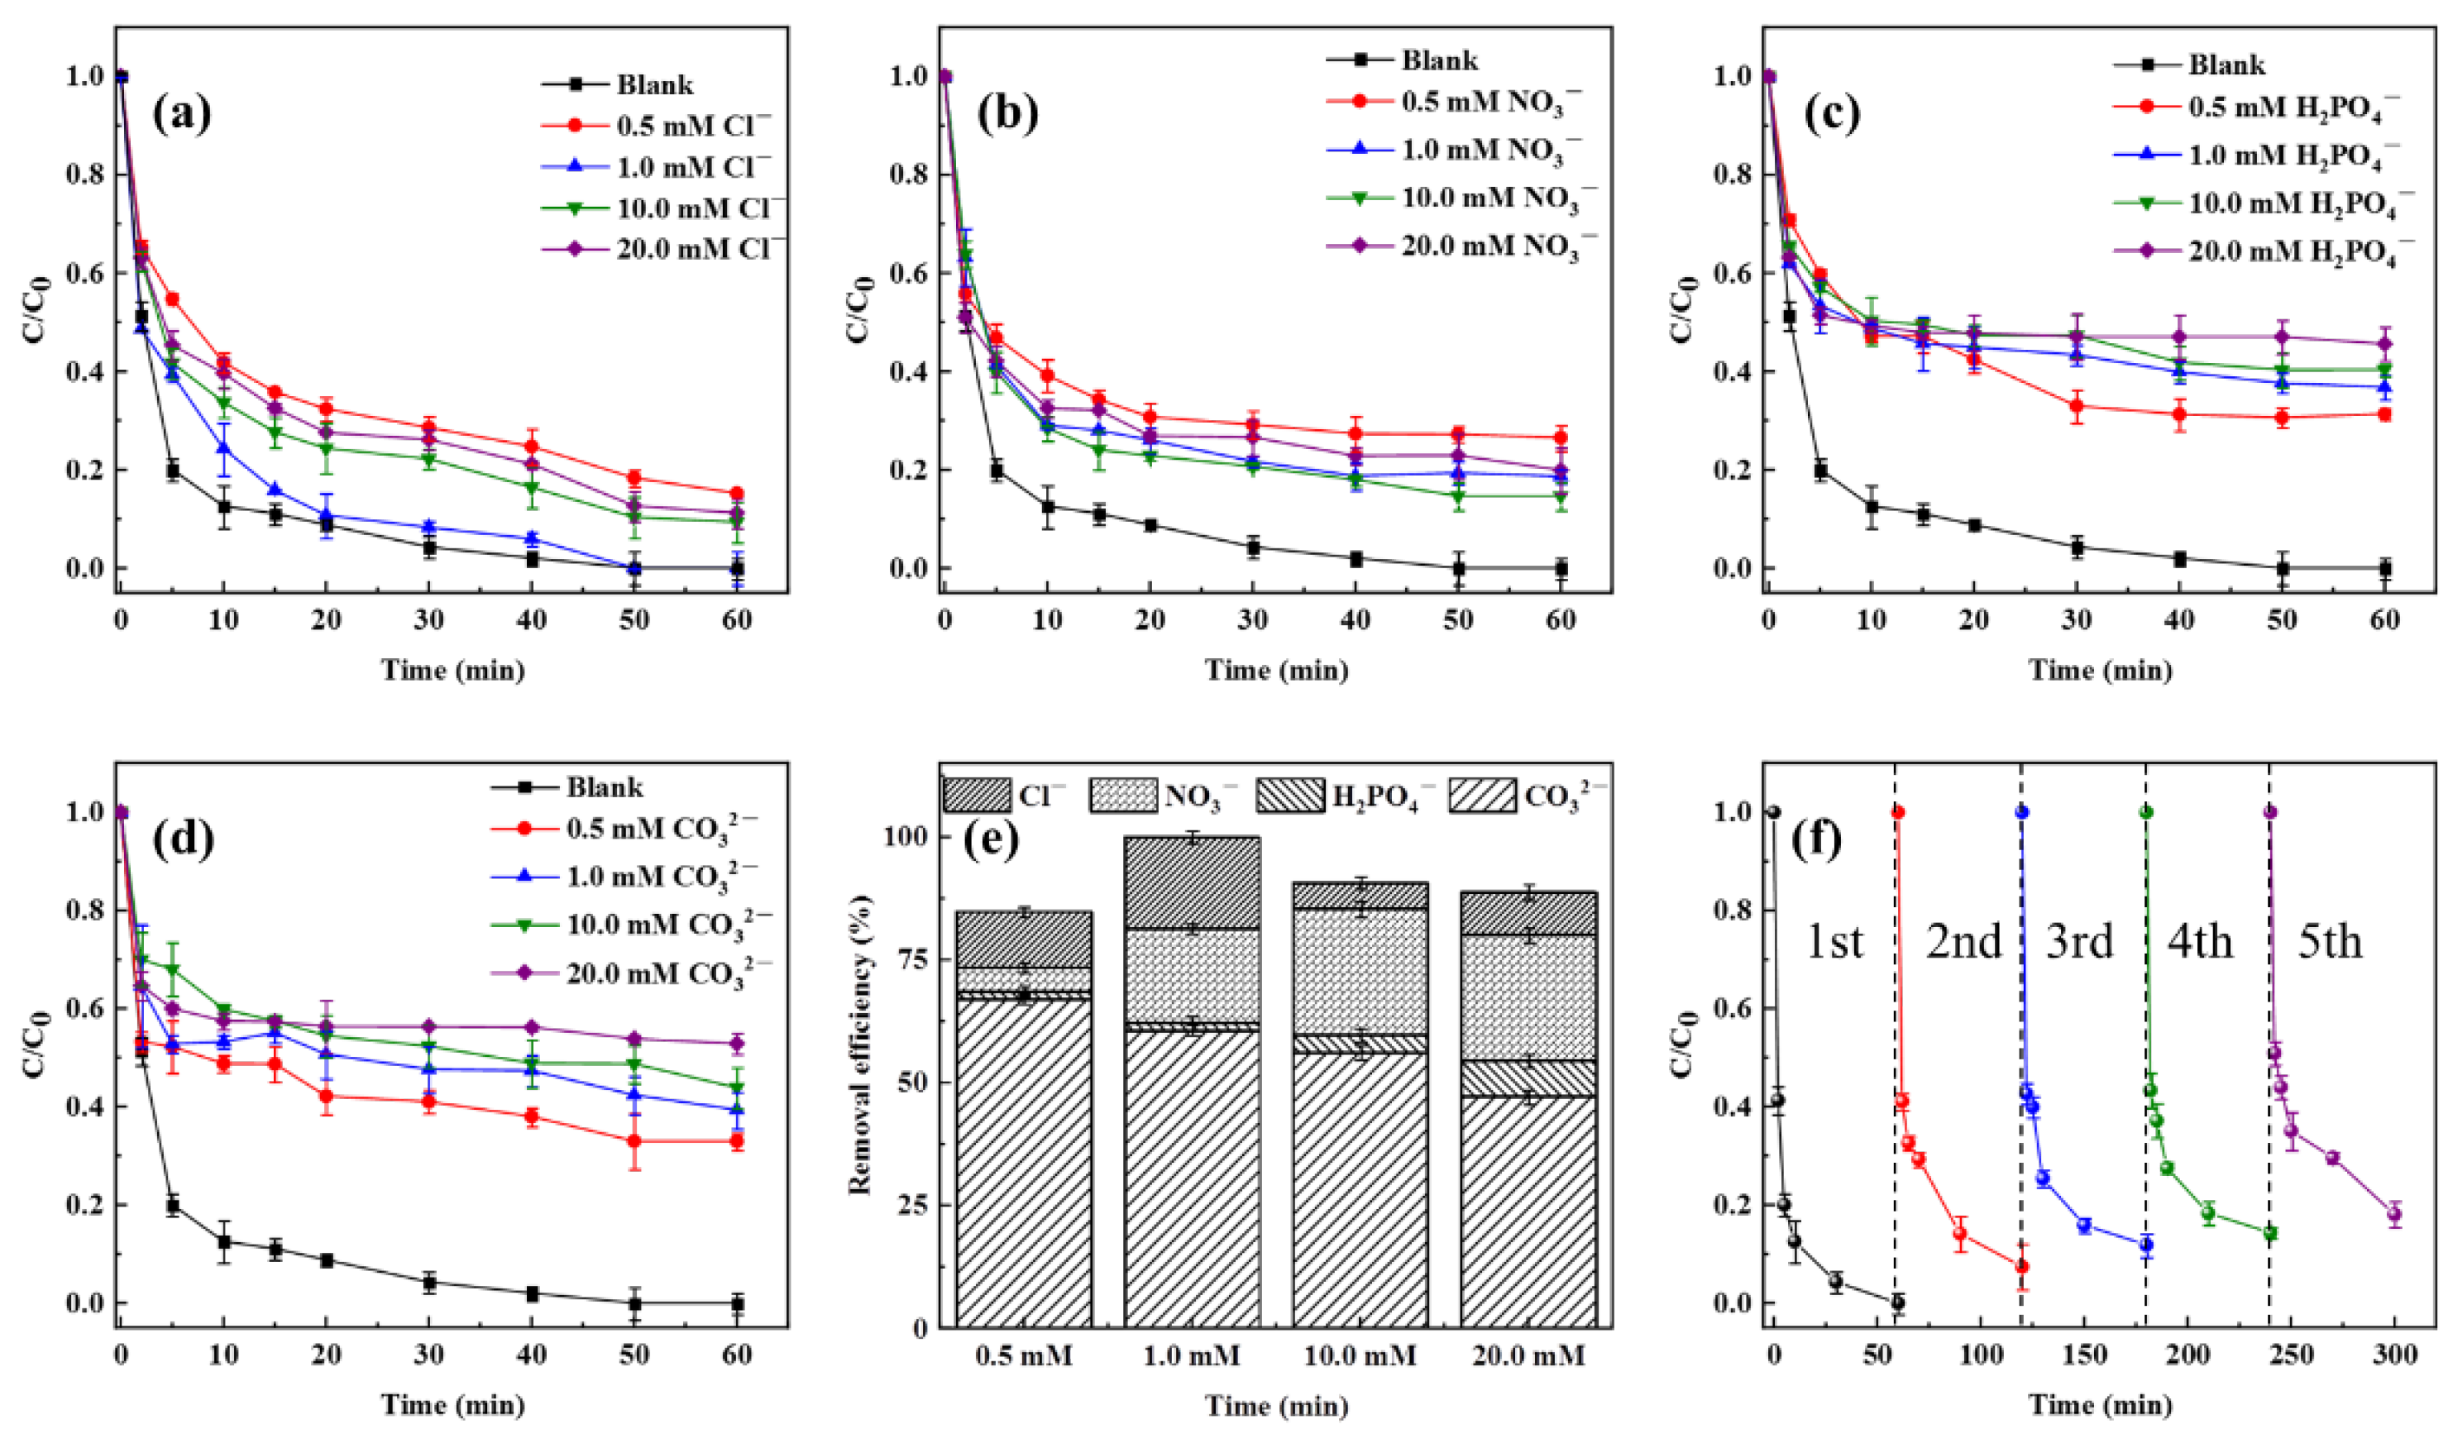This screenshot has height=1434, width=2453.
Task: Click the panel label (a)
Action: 182,114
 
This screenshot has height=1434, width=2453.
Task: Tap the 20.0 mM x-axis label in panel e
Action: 1528,1355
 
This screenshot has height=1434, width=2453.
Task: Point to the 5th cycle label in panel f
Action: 2330,943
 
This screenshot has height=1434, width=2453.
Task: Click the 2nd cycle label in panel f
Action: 1964,943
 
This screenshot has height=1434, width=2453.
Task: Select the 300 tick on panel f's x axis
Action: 2394,1355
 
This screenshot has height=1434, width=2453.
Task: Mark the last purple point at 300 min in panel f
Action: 2394,1241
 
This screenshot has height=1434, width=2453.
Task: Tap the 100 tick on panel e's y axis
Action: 906,837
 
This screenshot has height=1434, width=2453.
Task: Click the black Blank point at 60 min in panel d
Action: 737,1303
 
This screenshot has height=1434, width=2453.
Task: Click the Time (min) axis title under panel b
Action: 1277,670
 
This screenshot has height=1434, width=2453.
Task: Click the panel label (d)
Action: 182,842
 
